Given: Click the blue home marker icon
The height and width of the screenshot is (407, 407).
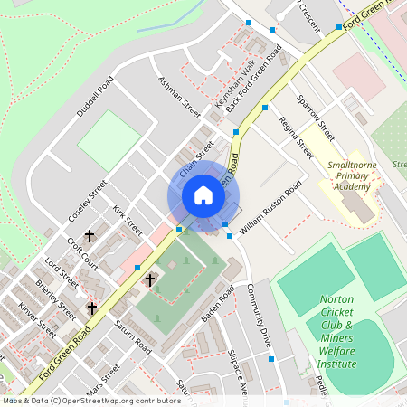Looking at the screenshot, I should (x=203, y=195).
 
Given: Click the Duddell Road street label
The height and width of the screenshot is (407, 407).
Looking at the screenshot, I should (x=94, y=96).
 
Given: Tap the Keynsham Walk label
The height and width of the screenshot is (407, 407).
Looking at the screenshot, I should (x=235, y=85).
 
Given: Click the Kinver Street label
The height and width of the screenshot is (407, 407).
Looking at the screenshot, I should (x=37, y=323).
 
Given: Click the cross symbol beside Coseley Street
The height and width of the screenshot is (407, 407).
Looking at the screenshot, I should (x=90, y=236).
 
